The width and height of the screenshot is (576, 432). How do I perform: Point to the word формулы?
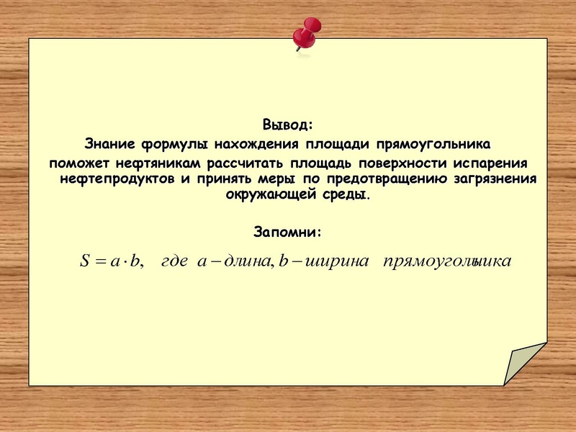tap(174, 145)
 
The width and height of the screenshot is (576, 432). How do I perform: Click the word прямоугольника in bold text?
tap(433, 145)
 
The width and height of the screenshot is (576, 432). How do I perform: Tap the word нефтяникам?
tap(158, 163)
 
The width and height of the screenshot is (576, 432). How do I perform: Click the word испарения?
tap(490, 164)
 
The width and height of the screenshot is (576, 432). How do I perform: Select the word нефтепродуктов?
tap(117, 180)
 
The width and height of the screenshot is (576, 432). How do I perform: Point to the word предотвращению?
tap(387, 180)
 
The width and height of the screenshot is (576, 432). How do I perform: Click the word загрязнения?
tap(495, 180)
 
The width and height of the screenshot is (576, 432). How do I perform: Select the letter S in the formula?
tap(85, 261)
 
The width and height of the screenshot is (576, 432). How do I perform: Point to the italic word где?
tap(174, 262)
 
